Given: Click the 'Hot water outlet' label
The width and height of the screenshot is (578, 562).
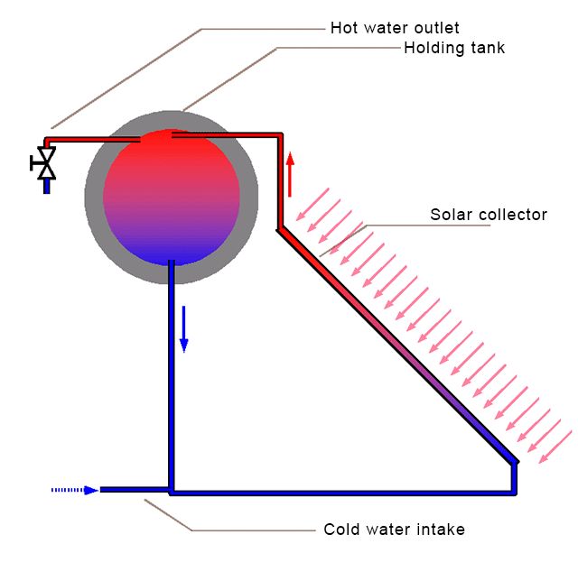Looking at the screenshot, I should [396, 29].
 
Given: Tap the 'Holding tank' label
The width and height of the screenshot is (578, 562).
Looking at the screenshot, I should [454, 48].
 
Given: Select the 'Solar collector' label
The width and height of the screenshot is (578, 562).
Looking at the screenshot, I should [489, 215].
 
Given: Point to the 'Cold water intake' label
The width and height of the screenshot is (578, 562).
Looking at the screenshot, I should [394, 530].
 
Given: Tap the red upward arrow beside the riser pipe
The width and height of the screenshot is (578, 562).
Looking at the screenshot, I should [290, 174].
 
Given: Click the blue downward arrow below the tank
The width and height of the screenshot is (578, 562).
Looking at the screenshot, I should [184, 328].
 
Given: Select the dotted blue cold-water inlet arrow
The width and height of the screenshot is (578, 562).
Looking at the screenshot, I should [75, 490].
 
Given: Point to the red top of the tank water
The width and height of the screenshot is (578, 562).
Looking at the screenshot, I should [172, 153].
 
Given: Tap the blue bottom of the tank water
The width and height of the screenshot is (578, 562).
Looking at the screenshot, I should [172, 253].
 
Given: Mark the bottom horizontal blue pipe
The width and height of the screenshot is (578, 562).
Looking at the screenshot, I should [343, 493].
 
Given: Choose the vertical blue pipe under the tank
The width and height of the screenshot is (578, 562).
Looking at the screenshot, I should [170, 379].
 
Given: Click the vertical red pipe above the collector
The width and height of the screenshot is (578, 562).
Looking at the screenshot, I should [281, 180].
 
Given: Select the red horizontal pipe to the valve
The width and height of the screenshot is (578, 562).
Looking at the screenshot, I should [90, 140].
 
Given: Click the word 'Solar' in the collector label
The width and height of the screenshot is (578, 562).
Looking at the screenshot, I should [449, 215].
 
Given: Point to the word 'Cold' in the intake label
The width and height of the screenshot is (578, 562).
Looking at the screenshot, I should [341, 530].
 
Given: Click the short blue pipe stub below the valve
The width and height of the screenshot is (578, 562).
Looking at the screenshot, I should [46, 187].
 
